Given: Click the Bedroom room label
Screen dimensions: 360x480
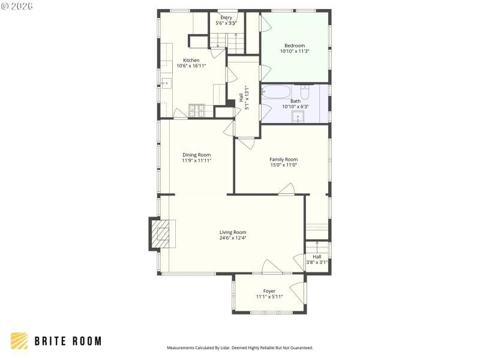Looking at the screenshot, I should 295,46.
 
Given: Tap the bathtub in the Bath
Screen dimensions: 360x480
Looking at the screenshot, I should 276,92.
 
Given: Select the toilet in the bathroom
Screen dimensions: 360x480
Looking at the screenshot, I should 305,92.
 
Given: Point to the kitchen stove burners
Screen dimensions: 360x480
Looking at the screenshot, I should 197,110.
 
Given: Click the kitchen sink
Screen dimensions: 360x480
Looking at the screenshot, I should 166,83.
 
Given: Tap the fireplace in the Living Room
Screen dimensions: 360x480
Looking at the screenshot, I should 161,233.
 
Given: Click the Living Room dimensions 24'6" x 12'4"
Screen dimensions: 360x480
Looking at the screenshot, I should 233,238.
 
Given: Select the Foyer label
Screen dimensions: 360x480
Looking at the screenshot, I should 269,291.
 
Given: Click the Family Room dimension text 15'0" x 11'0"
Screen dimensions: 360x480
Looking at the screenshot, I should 283,165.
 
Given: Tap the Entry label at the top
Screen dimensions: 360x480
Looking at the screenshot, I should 226,17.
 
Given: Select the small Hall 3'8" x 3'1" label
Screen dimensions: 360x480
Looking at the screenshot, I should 317,259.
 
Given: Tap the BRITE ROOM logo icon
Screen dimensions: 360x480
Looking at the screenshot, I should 19,341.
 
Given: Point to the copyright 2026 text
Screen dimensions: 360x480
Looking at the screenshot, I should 17,6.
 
